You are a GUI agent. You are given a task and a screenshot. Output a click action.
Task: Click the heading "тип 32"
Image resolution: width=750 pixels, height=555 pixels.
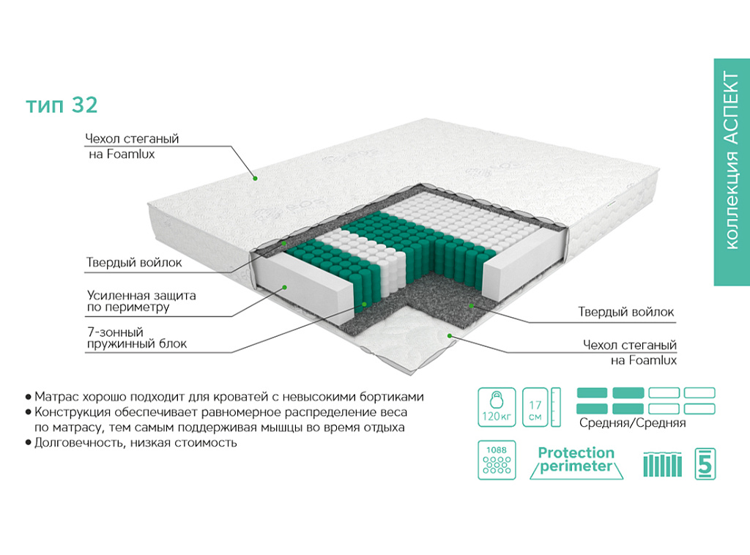pyautogui.click(x=62, y=105)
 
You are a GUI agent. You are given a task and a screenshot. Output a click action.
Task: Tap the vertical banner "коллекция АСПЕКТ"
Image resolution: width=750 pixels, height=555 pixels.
pyautogui.click(x=732, y=172)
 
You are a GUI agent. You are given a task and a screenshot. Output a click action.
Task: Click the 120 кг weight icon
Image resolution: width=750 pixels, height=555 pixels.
pyautogui.click(x=497, y=407)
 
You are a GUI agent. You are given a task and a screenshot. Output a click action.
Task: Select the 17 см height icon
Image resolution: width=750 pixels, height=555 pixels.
pyautogui.click(x=541, y=407)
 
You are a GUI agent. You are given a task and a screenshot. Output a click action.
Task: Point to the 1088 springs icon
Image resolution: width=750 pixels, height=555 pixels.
pyautogui.click(x=497, y=460)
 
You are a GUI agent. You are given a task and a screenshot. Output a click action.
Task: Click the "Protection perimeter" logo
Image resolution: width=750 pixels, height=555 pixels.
pyautogui.click(x=576, y=461)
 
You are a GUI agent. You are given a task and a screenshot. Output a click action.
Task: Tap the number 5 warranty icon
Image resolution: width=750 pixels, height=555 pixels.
pyautogui.click(x=705, y=463)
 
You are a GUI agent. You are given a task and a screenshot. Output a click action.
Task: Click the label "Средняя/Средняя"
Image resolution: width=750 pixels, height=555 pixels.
pyautogui.click(x=632, y=422)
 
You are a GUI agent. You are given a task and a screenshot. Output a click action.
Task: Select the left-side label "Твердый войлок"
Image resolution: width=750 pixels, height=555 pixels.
pyautogui.click(x=134, y=262)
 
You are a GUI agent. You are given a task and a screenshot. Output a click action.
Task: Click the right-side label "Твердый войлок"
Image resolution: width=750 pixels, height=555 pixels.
pyautogui.click(x=625, y=312)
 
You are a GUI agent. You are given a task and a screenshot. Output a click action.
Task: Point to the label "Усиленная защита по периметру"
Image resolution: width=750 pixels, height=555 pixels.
pyautogui.click(x=141, y=301)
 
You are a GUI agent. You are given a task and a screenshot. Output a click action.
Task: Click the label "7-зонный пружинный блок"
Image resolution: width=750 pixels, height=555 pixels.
pyautogui.click(x=137, y=338)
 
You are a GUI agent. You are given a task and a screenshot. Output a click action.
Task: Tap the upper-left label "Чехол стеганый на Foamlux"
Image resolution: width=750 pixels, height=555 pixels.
pyautogui.click(x=132, y=146)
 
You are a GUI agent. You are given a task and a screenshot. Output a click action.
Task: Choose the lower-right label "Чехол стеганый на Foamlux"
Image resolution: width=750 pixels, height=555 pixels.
pyautogui.click(x=629, y=352)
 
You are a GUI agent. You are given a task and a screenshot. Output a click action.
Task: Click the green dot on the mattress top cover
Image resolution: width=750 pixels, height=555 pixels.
pyautogui.click(x=256, y=179)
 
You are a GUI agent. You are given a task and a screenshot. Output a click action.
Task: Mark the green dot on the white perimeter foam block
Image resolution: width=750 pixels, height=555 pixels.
pyautogui.click(x=284, y=287)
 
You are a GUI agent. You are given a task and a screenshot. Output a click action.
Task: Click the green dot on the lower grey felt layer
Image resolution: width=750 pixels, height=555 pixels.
pyautogui.click(x=471, y=305)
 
